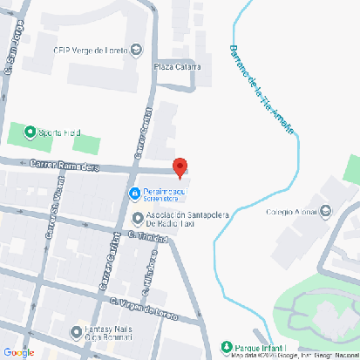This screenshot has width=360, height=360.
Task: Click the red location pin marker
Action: (x=180, y=166)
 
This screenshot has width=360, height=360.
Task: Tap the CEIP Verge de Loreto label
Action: (x=90, y=50)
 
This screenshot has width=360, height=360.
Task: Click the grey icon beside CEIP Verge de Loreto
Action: (x=136, y=49)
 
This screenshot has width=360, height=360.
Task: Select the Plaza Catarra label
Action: (x=177, y=66)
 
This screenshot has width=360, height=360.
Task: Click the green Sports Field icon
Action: (x=31, y=133)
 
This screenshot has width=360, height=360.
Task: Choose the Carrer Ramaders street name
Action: (x=65, y=165)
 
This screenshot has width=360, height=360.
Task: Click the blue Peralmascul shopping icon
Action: (x=134, y=192)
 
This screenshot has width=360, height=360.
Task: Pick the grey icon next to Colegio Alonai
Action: (x=325, y=210)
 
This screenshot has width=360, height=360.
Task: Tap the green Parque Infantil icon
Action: (x=227, y=346)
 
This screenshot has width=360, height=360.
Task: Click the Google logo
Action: (x=19, y=351)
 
